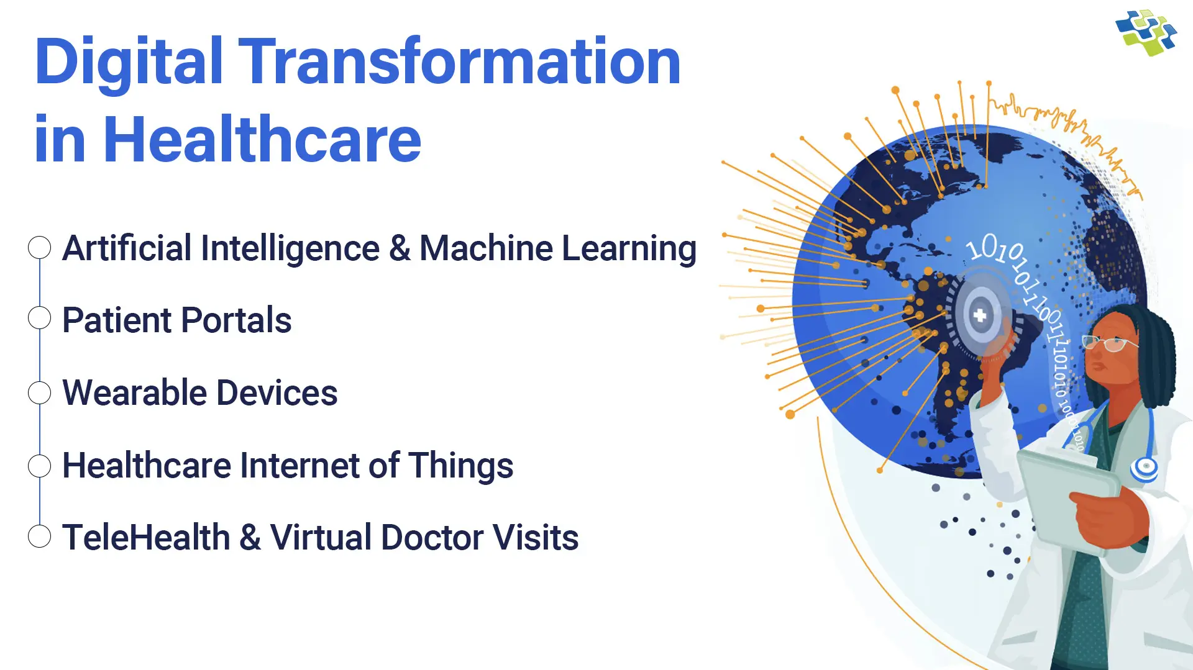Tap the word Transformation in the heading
tap(459, 61)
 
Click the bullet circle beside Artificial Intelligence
tap(39, 248)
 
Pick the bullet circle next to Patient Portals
tap(39, 318)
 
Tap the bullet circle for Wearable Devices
tap(39, 392)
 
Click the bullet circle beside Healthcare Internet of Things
tap(39, 466)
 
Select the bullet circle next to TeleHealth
tap(39, 536)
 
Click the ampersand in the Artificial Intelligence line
tap(400, 248)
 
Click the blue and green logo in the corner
tap(1146, 32)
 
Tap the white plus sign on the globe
tap(980, 315)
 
